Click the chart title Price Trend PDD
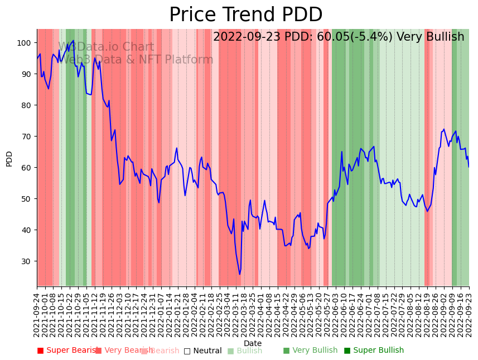[245, 15]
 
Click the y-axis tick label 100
[25, 43]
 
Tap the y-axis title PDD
[9, 158]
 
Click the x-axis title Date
[253, 343]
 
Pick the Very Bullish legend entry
[310, 351]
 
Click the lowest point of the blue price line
[240, 274]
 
